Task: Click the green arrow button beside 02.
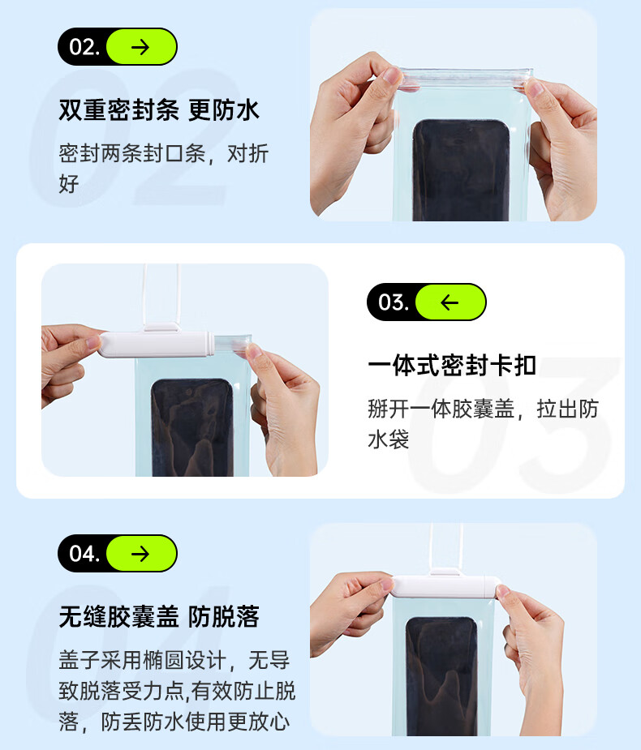point(141,46)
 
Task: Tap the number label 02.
point(84,47)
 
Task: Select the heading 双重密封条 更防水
point(159,110)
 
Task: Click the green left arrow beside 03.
point(450,302)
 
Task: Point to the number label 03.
point(394,302)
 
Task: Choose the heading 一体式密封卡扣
point(451,366)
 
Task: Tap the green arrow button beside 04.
point(141,554)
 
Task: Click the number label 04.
point(84,554)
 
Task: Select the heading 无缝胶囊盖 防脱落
point(159,616)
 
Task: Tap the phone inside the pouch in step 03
point(193,427)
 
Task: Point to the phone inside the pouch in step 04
point(442,676)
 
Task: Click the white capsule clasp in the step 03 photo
point(157,345)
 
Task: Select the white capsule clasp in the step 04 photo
point(445,587)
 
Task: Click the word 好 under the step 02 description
point(69,184)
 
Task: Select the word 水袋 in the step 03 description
point(388,439)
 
